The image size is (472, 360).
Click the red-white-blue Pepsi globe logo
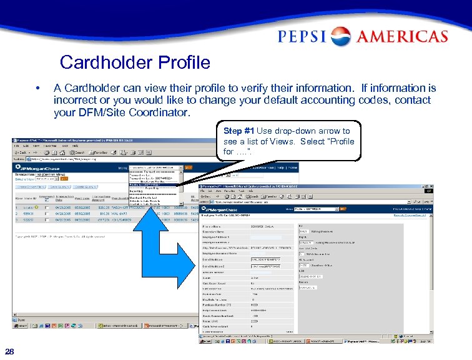click(x=341, y=36)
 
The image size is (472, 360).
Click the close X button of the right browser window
click(x=431, y=187)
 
